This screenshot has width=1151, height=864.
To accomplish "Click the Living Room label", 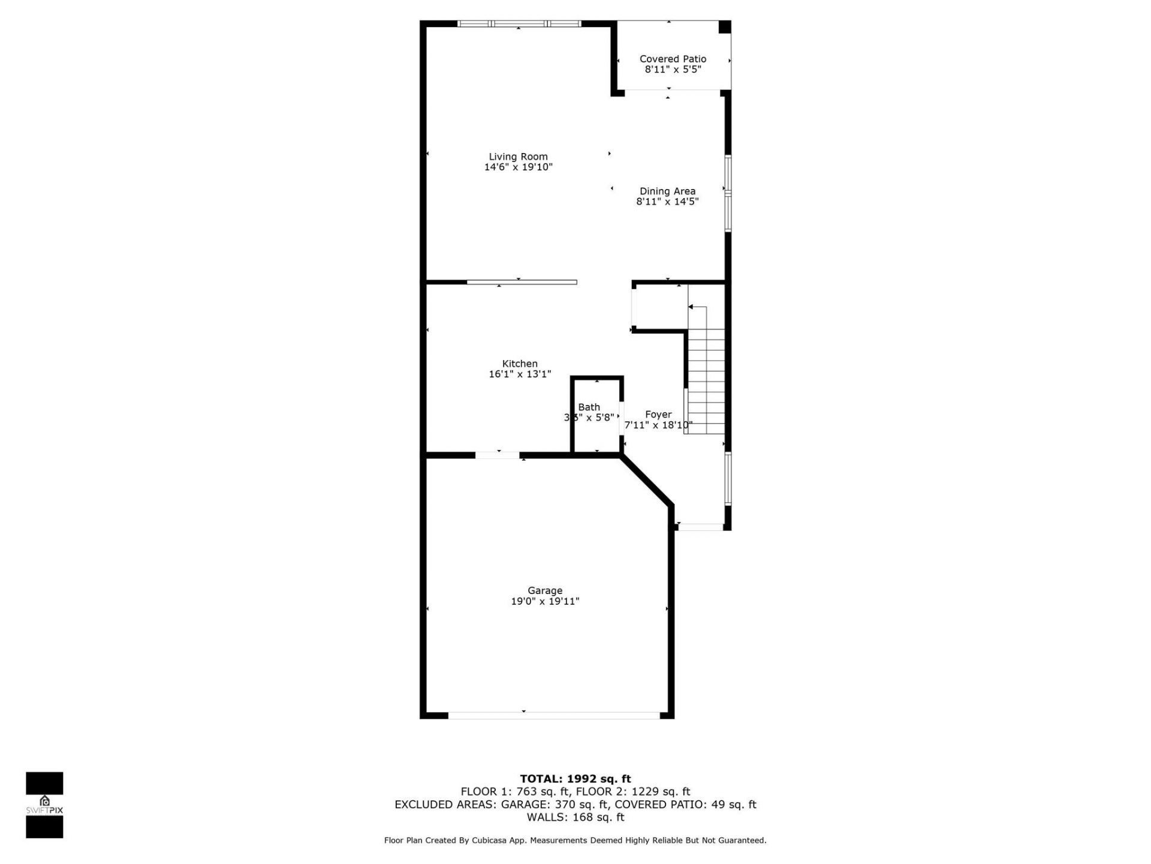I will [518, 157].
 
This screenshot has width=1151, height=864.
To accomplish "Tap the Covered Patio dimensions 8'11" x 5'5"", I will [673, 70].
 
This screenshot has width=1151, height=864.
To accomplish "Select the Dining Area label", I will [667, 191].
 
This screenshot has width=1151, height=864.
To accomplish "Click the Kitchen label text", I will [520, 364].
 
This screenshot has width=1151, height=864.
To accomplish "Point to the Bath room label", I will [589, 407].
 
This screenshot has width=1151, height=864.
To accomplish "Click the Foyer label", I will [658, 415].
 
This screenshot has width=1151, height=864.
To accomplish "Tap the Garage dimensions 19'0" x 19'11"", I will [545, 601].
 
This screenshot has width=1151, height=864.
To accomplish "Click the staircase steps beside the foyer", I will [706, 384].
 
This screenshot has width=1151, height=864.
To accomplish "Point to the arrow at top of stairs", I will [691, 307].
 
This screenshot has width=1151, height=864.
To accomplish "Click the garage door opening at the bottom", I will [553, 715].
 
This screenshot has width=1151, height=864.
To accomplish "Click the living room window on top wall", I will [519, 24].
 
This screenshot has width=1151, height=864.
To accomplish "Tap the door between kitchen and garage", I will [498, 455].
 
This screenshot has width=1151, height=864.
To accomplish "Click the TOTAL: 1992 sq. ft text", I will [575, 779].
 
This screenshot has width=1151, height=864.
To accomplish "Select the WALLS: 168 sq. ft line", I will [575, 817].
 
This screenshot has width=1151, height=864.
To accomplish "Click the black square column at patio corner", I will [725, 27].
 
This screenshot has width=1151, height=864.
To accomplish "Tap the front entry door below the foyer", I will [700, 527].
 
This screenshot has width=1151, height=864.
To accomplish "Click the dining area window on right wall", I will [728, 193].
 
